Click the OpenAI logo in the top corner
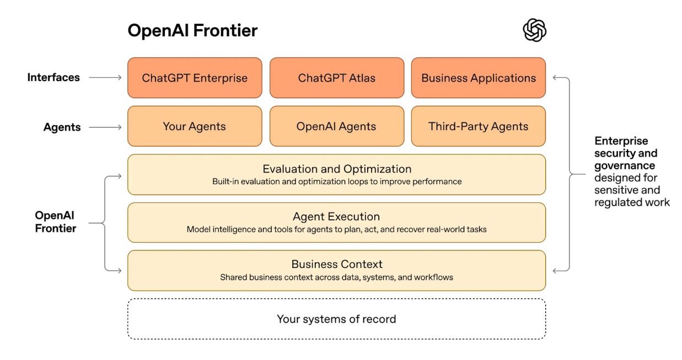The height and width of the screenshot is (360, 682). tap(534, 30)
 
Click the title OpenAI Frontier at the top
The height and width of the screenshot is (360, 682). tap(192, 31)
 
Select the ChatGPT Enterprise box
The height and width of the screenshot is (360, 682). tap(195, 78)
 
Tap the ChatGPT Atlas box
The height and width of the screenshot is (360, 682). tap(336, 78)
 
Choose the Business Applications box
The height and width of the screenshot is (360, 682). tap(478, 78)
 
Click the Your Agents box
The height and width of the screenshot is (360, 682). tap(195, 126)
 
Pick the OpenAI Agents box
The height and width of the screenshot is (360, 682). tap(336, 126)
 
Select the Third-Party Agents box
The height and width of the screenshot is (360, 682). tap(478, 126)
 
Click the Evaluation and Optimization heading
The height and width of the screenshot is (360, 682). tap(336, 169)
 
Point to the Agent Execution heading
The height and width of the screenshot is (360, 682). tap(336, 217)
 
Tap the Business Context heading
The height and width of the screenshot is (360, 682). tap(336, 264)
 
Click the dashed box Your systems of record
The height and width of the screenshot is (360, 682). tap(336, 319)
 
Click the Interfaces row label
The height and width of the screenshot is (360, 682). tap(53, 78)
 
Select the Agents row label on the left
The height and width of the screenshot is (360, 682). tap(62, 127)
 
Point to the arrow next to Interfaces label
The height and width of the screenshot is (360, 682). tap(105, 78)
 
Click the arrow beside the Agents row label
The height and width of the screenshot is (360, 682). tap(105, 127)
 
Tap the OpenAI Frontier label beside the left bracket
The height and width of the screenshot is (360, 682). tap(56, 222)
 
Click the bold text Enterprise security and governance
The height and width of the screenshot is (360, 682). tap(626, 153)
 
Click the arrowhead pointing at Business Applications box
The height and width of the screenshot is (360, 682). tap(556, 78)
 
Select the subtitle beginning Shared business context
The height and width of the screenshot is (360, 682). tap(336, 277)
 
